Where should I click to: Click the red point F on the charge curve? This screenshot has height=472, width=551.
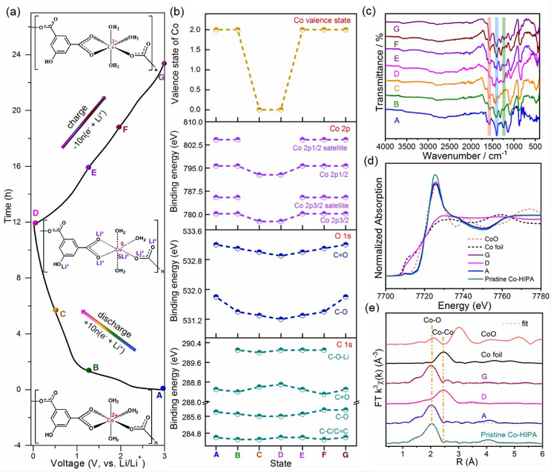tap(119, 127)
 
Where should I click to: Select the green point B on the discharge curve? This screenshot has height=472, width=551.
tap(89, 370)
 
